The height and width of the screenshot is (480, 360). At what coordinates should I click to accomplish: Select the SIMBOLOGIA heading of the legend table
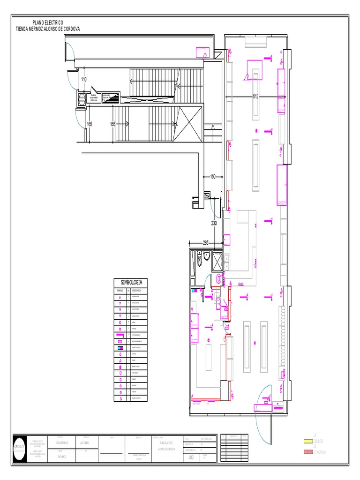131,283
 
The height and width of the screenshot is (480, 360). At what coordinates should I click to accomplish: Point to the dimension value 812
256,97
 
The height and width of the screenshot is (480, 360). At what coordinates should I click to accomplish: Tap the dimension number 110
84,80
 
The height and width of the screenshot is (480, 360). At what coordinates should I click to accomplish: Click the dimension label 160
213,177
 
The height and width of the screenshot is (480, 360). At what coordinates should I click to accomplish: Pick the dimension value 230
214,224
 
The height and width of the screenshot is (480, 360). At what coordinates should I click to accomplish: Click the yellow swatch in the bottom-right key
307,441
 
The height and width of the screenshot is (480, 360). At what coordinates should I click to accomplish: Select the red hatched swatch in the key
307,451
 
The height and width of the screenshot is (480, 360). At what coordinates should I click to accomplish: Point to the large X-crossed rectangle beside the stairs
191,124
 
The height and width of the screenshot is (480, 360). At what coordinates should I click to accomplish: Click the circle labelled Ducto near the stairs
82,98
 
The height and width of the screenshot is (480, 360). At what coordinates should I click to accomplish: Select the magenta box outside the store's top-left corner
202,52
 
